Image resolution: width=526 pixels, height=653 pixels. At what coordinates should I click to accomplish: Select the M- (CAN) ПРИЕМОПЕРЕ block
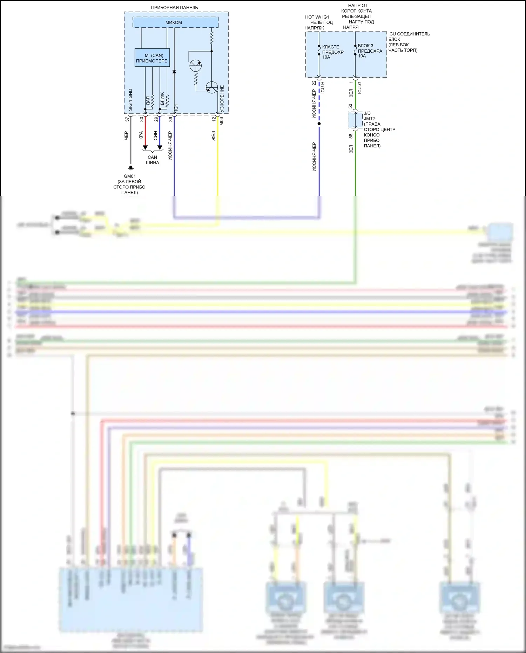point(152,58)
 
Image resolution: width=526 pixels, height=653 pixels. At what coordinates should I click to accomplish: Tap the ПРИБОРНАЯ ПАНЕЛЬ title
point(174,7)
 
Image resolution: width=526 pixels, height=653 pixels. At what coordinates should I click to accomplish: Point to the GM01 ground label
point(129,176)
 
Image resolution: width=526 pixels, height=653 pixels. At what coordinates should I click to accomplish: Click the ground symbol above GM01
point(131,168)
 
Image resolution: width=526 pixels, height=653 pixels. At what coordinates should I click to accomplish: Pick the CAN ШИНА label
point(152,160)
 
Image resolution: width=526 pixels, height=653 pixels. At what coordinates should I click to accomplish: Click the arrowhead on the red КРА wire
point(145,148)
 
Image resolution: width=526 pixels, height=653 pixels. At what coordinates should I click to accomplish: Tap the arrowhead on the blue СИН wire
point(160,148)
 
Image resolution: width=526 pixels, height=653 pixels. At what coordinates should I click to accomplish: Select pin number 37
point(127,119)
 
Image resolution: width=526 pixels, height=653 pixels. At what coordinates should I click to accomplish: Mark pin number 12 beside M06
point(214,119)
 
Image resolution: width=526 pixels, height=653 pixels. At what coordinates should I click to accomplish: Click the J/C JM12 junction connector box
point(355,120)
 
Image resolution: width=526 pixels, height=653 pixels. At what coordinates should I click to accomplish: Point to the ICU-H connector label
point(323,87)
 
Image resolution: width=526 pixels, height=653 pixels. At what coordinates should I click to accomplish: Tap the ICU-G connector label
point(359,88)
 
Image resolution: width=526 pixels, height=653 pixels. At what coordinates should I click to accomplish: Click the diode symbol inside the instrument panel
point(174,72)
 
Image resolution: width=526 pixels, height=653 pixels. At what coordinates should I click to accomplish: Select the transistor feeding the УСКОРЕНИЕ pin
point(212,87)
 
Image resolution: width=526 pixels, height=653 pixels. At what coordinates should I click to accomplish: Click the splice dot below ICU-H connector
point(319,124)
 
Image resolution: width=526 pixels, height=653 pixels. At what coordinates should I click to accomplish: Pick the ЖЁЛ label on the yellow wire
point(213,136)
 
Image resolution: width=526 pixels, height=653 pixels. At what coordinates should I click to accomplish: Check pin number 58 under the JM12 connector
point(350,136)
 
